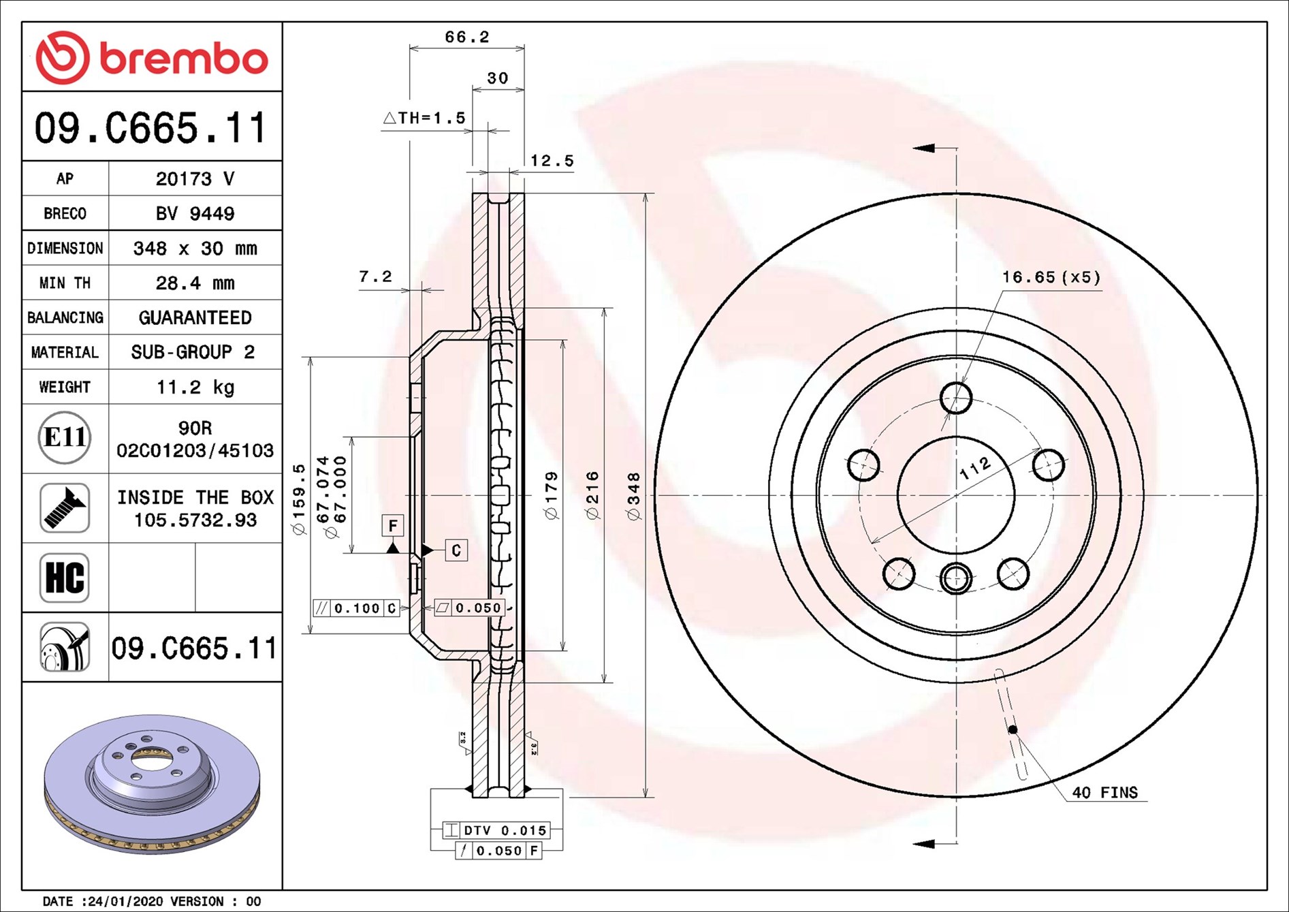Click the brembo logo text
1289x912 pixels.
(184, 59)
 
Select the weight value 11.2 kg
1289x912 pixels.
(195, 387)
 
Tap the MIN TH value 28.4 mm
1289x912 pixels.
(195, 283)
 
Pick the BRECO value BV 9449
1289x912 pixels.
(195, 213)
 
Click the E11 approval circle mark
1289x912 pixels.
(65, 437)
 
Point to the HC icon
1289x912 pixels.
(65, 578)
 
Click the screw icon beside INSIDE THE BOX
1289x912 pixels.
(65, 508)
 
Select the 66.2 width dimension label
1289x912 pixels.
(467, 37)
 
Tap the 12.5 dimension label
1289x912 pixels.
(552, 161)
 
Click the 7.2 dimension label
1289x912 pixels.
(375, 277)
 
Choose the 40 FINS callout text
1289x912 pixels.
(1104, 792)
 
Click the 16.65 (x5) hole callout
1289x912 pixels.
(1051, 277)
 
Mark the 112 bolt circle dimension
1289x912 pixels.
(974, 469)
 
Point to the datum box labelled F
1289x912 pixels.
(393, 525)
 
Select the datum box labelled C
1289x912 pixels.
(456, 550)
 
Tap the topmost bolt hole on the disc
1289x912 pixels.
(956, 398)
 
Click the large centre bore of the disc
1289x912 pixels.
(956, 495)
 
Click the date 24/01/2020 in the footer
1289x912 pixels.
(125, 901)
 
